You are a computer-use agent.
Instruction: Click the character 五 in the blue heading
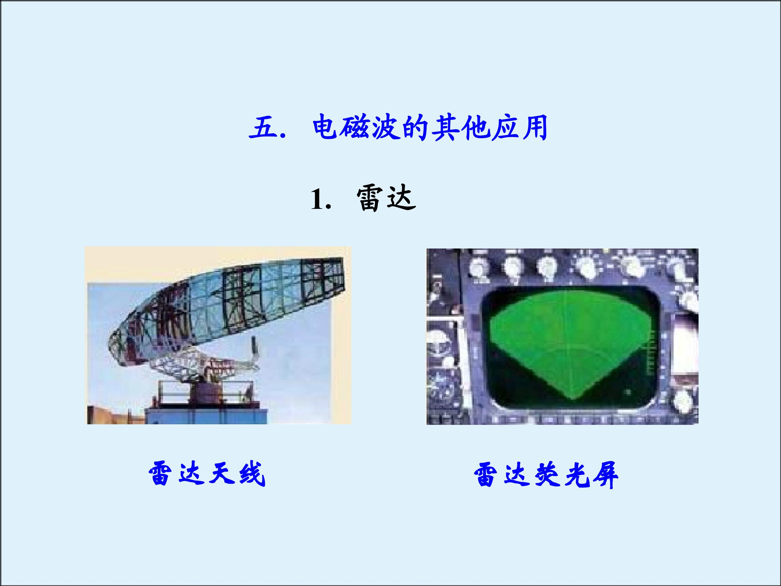(x=263, y=127)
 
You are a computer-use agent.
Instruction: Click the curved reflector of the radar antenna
(x=226, y=307)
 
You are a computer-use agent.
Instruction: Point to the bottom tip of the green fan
(x=572, y=399)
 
